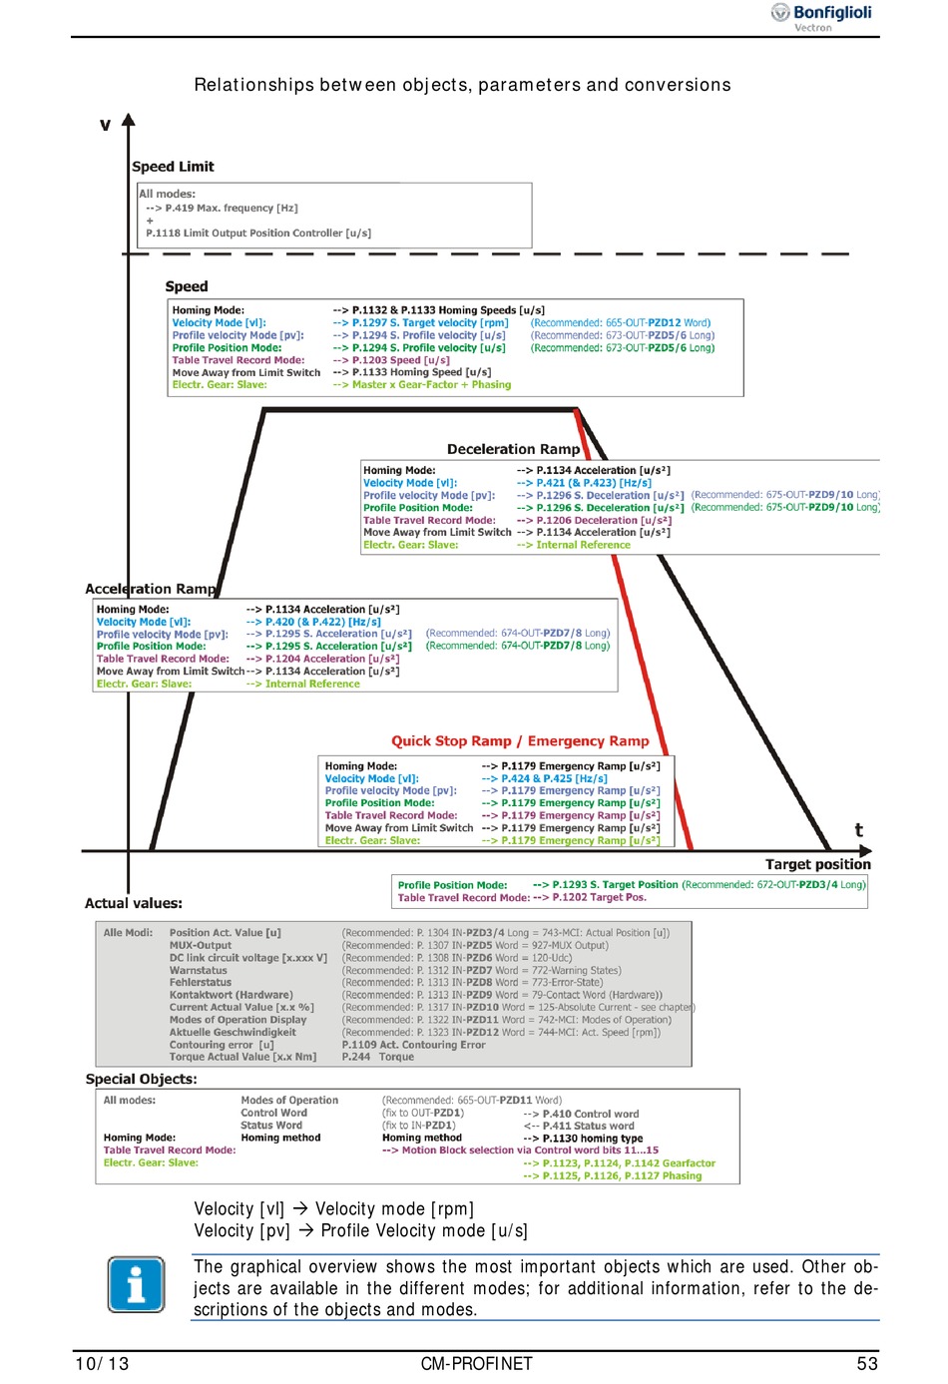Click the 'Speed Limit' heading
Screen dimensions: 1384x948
click(x=173, y=167)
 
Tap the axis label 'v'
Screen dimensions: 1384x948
click(x=105, y=125)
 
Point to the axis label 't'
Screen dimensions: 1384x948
click(x=858, y=830)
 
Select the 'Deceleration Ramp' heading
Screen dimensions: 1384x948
click(x=513, y=449)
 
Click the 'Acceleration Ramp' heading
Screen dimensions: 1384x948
click(x=150, y=589)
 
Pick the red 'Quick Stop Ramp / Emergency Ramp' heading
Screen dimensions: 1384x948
click(x=520, y=741)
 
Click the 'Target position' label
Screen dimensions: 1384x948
click(x=817, y=864)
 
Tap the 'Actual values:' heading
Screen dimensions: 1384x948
click(x=134, y=903)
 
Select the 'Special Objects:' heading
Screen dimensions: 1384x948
click(x=142, y=1079)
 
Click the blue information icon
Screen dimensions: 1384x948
click(x=136, y=1284)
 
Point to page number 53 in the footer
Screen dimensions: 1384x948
click(x=867, y=1364)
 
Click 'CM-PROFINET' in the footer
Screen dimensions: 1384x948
click(x=476, y=1364)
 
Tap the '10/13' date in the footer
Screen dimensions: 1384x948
click(x=102, y=1364)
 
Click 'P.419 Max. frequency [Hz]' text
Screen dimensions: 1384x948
click(x=232, y=209)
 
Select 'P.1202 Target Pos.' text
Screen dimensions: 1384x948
click(x=599, y=898)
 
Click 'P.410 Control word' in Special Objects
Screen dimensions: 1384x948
click(x=591, y=1114)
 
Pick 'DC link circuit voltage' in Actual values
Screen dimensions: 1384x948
click(x=247, y=958)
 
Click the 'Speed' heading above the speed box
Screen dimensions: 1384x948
click(x=187, y=286)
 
